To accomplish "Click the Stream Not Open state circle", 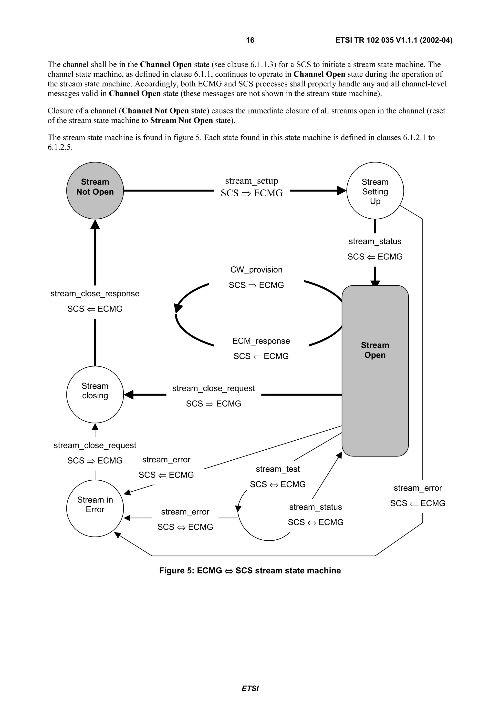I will point(95,190).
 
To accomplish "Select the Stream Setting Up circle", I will point(375,190).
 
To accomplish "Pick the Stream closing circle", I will point(95,394).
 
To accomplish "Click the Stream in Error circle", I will point(95,508).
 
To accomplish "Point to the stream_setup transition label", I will point(251,181).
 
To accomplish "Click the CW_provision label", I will point(256,270).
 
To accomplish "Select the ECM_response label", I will point(261,341).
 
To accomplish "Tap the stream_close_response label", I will point(95,293).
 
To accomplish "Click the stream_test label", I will point(278,469).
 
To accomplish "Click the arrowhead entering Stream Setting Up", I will point(341,191).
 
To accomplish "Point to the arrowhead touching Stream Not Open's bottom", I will point(95,224).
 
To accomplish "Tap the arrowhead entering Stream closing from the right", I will point(129,394).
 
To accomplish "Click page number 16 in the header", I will point(250,40).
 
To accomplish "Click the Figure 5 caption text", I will point(250,571).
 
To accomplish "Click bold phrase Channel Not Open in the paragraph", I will point(155,111).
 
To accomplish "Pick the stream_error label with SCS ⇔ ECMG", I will point(185,512).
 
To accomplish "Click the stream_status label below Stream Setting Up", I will point(375,242).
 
